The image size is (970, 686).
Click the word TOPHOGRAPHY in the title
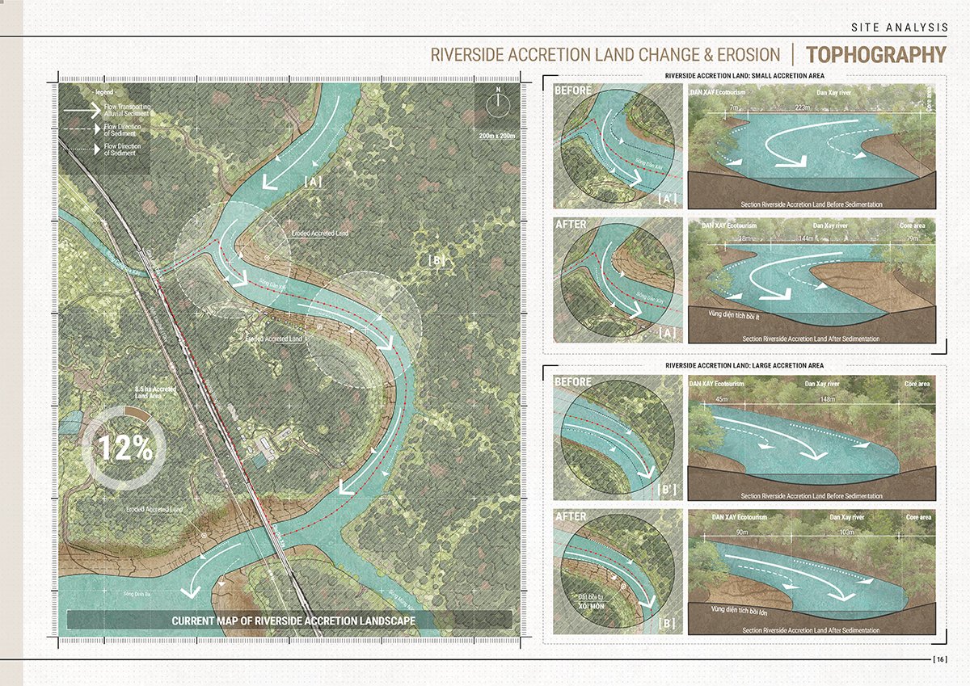[875, 55]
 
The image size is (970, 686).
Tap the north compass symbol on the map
[499, 103]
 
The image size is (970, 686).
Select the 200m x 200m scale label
[494, 135]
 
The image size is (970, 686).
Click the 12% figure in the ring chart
[124, 448]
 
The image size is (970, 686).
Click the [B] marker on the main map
[436, 261]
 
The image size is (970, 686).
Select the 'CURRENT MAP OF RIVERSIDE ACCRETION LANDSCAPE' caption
[293, 621]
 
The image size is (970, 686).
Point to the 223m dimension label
[802, 107]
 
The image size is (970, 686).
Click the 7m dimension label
[733, 107]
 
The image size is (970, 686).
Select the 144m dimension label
[806, 240]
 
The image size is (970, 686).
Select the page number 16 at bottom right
[939, 660]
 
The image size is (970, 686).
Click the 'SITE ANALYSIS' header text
[899, 27]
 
